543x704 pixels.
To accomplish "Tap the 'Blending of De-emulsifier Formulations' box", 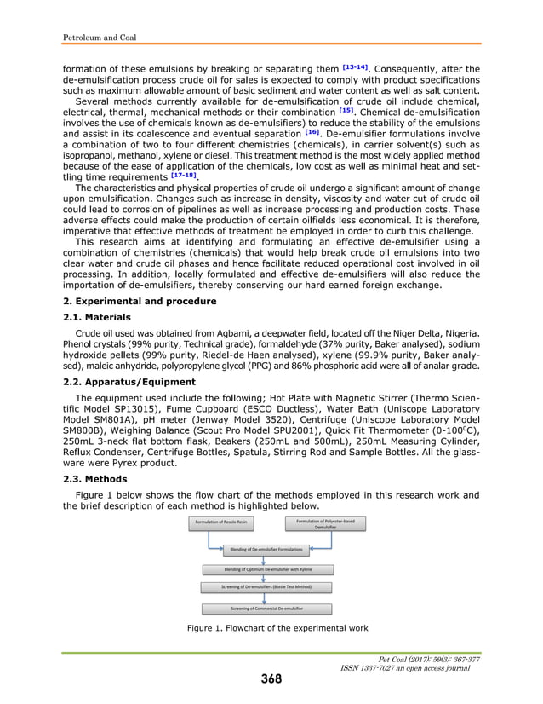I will (x=267, y=550).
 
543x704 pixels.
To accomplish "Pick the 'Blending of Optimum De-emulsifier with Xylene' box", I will (x=268, y=568).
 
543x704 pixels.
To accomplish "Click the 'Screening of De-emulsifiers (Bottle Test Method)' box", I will (x=268, y=587).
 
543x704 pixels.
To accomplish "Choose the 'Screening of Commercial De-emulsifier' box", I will (x=268, y=609).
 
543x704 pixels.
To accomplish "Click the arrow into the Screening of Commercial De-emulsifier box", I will (x=268, y=598).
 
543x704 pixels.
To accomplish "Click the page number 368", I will (x=271, y=678).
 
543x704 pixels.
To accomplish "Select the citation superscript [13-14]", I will (x=356, y=67).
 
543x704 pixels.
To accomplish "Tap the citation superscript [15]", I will (x=346, y=110).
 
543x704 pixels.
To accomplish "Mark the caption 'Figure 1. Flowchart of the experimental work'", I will (x=277, y=628).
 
